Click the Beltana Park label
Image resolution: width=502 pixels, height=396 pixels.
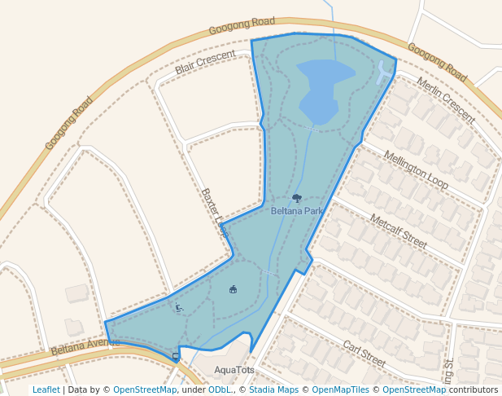click(297, 211)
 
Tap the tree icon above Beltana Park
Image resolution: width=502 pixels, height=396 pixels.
click(297, 198)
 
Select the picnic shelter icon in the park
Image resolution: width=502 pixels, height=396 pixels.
click(234, 288)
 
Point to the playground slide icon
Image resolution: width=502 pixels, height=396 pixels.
click(179, 307)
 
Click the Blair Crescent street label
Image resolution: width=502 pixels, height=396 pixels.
click(205, 62)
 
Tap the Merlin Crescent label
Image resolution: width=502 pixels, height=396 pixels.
click(445, 100)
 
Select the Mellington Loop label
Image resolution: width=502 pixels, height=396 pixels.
click(416, 170)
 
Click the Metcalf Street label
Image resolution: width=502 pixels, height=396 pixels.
click(398, 231)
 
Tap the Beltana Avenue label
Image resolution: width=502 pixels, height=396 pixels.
click(85, 347)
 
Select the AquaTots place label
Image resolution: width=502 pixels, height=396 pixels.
click(234, 370)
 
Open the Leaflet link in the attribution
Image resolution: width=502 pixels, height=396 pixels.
click(46, 389)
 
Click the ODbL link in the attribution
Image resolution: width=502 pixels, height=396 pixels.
click(219, 389)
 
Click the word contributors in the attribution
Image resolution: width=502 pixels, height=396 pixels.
click(473, 389)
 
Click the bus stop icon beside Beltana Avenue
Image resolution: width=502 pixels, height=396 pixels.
click(176, 357)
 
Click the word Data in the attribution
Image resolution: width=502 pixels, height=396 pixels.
click(79, 389)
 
